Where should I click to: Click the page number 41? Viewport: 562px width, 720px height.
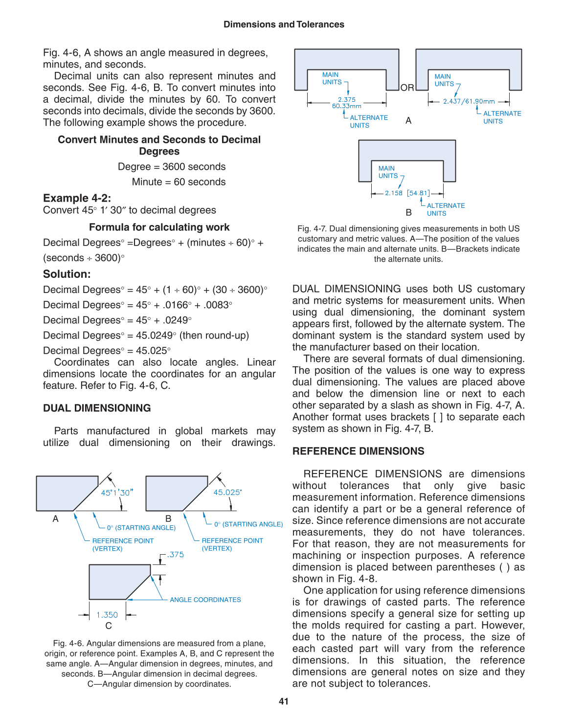[x=284, y=701]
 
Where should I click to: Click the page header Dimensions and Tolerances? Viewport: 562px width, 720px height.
[x=284, y=24]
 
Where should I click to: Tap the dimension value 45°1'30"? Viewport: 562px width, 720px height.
[x=117, y=493]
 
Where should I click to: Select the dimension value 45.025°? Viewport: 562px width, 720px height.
[x=227, y=492]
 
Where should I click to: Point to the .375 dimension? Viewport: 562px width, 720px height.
[x=176, y=555]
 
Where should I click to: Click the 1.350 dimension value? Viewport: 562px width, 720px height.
[x=107, y=615]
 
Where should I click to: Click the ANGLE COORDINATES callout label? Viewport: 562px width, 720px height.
[x=205, y=600]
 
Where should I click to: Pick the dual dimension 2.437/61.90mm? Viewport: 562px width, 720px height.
[x=469, y=101]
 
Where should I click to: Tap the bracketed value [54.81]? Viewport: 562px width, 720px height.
[x=418, y=193]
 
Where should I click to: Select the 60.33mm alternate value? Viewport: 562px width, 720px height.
[x=346, y=106]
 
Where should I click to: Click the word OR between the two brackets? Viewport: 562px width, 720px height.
[x=407, y=88]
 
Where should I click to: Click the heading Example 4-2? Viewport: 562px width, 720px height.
[x=77, y=198]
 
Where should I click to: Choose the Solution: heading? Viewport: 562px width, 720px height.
[x=67, y=274]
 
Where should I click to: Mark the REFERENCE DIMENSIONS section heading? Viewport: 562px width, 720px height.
[x=358, y=451]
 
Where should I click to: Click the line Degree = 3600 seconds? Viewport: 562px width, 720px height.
[x=172, y=167]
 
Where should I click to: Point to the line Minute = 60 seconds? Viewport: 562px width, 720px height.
[x=179, y=182]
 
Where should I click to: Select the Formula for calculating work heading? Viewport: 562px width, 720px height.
[x=159, y=227]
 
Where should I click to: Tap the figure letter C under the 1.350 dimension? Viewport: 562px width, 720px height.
[x=109, y=626]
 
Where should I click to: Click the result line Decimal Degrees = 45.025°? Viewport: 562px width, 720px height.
[x=107, y=351]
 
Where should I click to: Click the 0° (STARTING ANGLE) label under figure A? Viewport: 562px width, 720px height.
[x=141, y=528]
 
